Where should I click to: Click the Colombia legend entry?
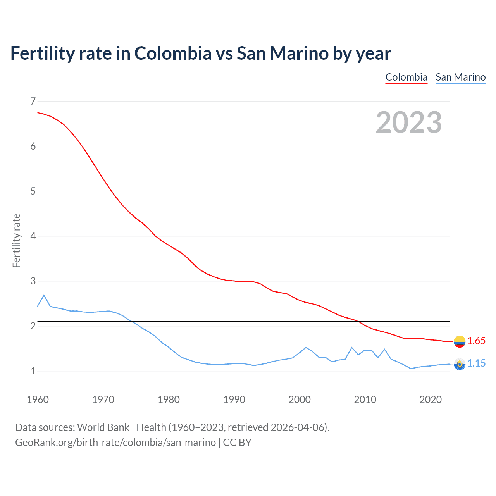point(406,77)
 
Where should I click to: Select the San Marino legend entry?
point(460,77)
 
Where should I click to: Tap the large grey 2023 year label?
point(409,122)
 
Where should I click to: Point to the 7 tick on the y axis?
point(33,101)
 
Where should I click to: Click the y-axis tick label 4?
point(33,236)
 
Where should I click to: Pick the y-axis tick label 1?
point(33,371)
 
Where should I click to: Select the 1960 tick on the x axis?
point(38,400)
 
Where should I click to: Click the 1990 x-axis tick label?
point(234,400)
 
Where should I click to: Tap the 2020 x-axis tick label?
point(431,400)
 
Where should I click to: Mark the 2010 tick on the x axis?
point(365,400)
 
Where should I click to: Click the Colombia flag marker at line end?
point(460,341)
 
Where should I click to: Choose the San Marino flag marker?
point(460,364)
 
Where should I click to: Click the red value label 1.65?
point(476,341)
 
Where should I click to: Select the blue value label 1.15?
point(476,363)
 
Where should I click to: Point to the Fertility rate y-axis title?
point(16,240)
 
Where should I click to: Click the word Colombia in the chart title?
point(173,53)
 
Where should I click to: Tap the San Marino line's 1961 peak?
point(44,295)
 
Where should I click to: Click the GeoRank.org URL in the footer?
point(115,442)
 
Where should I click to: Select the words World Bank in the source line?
point(103,427)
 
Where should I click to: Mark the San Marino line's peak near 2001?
point(306,347)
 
